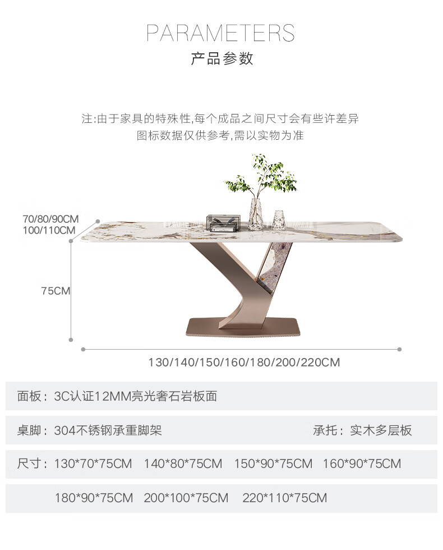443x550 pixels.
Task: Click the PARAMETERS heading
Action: click(220, 33)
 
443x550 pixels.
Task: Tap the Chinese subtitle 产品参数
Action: click(222, 58)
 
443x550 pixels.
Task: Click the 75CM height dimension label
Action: click(56, 291)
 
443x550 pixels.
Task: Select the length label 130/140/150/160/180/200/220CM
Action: click(244, 362)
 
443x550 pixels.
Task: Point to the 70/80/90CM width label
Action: click(50, 218)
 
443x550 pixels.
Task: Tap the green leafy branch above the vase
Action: click(261, 176)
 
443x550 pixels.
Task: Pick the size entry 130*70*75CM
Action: click(93, 464)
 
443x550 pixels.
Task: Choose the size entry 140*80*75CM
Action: click(183, 464)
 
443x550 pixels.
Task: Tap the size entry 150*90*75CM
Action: click(273, 464)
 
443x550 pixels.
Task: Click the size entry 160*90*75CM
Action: click(362, 464)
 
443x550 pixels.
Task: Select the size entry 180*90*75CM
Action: click(94, 498)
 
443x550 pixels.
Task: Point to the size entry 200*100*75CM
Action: click(186, 498)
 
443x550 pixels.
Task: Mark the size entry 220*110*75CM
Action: click(284, 498)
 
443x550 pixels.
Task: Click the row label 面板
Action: click(29, 397)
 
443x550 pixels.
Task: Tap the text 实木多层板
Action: click(381, 430)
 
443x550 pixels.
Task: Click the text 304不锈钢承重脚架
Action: click(108, 430)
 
